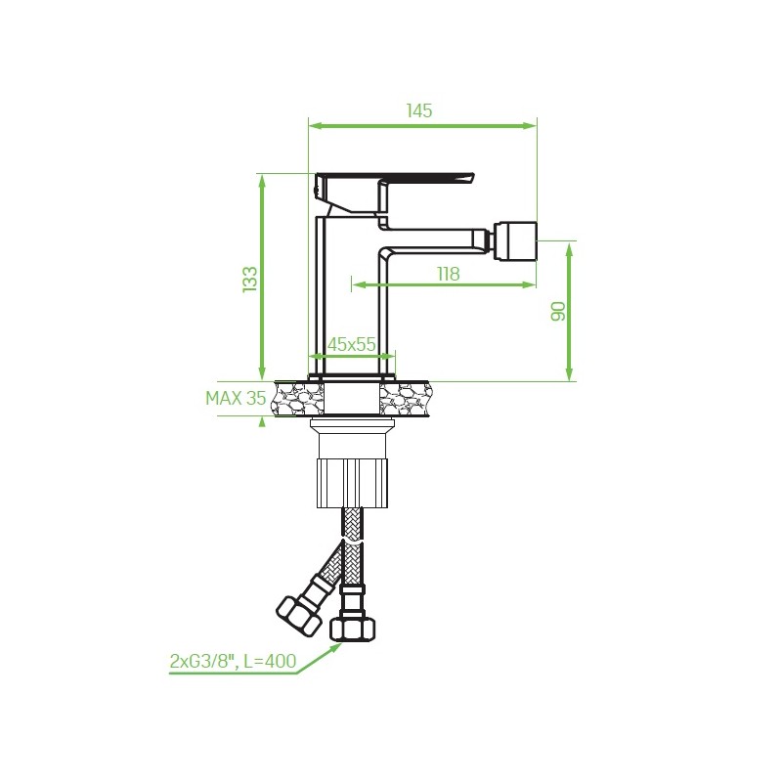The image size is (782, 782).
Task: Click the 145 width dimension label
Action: (419, 110)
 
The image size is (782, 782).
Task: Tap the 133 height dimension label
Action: (250, 280)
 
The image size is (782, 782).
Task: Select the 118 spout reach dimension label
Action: (449, 274)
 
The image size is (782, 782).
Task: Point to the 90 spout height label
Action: (558, 311)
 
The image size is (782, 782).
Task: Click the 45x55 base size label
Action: (352, 344)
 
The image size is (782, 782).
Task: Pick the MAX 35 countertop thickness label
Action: (236, 398)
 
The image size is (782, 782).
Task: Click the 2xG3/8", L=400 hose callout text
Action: (233, 661)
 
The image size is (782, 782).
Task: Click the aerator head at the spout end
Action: (515, 240)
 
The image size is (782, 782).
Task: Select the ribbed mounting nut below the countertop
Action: (352, 483)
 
